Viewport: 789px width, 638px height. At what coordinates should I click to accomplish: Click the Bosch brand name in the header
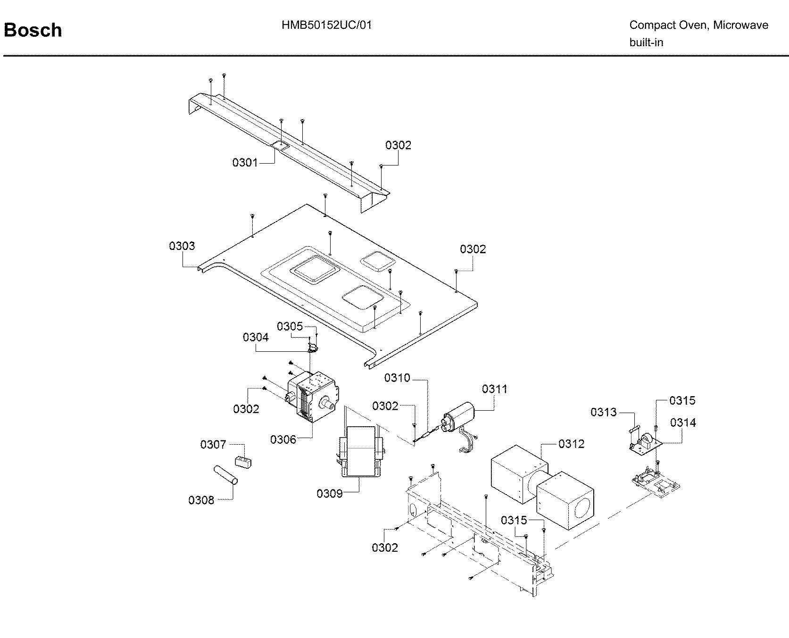[x=33, y=30]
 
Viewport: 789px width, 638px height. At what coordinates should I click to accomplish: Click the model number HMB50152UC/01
[x=326, y=25]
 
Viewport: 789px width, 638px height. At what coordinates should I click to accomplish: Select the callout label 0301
[x=245, y=163]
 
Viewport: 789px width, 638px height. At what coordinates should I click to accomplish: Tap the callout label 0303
[x=182, y=246]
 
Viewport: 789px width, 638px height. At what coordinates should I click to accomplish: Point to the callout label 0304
[x=256, y=337]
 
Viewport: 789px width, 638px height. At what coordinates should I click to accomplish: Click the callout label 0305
[x=290, y=326]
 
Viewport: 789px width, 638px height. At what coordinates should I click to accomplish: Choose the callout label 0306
[x=283, y=439]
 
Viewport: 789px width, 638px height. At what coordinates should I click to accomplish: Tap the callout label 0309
[x=330, y=494]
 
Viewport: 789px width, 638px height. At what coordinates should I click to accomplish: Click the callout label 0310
[x=397, y=378]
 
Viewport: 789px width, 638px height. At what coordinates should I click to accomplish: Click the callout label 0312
[x=571, y=444]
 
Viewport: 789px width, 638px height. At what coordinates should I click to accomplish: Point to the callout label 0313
[x=603, y=412]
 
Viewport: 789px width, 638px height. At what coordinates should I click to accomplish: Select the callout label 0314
[x=682, y=423]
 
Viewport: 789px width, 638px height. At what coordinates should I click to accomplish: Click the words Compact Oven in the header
[x=668, y=25]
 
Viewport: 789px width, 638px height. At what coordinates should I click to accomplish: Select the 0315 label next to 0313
[x=682, y=400]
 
